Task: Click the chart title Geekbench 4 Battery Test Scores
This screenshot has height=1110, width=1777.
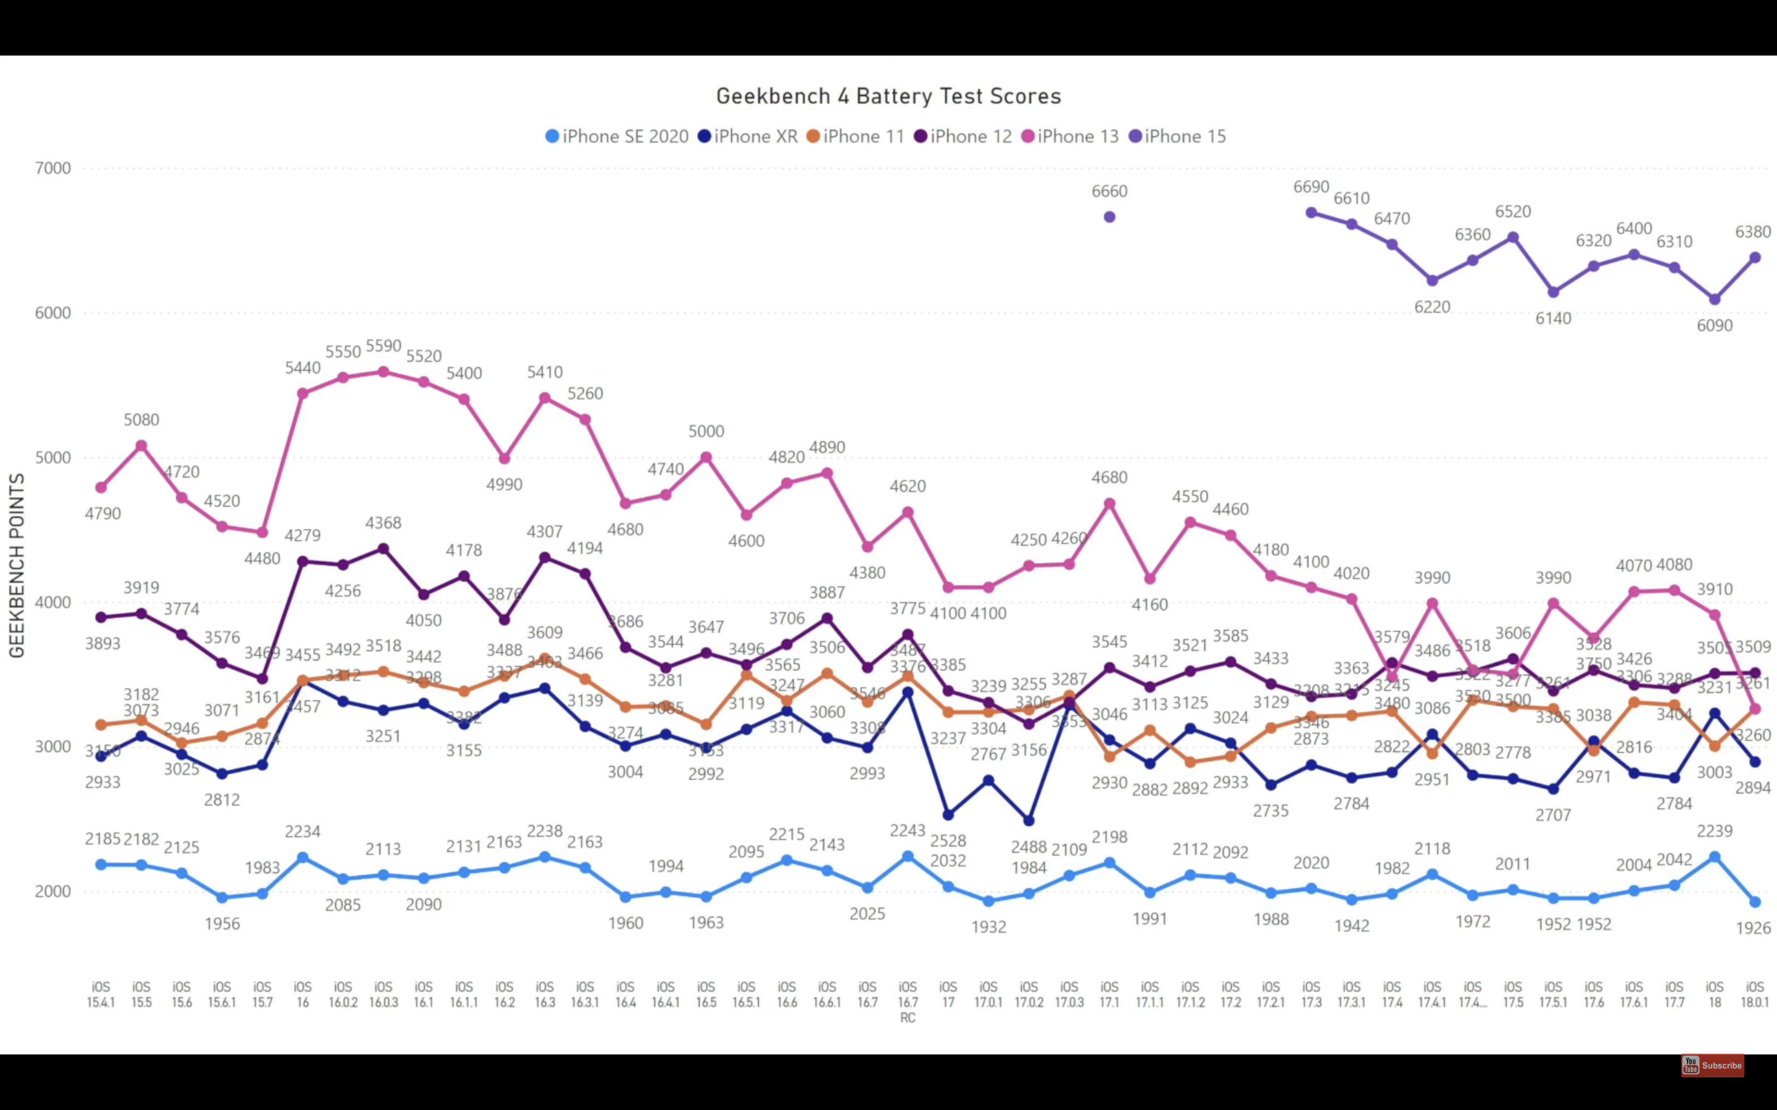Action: coord(888,96)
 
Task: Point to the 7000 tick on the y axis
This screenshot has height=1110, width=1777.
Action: coord(53,168)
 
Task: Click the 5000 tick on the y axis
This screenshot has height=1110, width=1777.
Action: coord(53,458)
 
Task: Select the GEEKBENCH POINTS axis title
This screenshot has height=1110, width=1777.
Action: coord(17,565)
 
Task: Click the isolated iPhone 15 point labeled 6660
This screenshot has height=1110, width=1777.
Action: coord(1109,217)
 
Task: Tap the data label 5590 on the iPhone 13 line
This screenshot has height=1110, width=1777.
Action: coord(383,346)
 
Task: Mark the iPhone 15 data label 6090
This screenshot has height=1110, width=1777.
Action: coord(1715,325)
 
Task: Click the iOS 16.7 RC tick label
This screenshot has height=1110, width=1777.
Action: coord(908,1002)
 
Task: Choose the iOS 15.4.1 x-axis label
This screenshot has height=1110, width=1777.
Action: coord(101,995)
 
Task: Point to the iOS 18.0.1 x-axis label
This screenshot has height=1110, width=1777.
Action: coord(1755,995)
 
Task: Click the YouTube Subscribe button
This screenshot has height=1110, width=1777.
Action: coord(1712,1065)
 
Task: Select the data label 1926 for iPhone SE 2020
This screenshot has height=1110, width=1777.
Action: coord(1753,928)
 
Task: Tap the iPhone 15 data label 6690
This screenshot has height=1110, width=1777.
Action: coord(1311,187)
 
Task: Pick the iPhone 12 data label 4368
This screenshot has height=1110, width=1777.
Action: coord(383,523)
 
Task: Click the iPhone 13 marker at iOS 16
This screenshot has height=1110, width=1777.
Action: coord(302,393)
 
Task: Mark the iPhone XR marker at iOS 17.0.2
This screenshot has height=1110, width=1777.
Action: coord(1029,821)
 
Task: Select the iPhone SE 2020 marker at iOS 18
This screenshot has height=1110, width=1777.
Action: coord(1715,857)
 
